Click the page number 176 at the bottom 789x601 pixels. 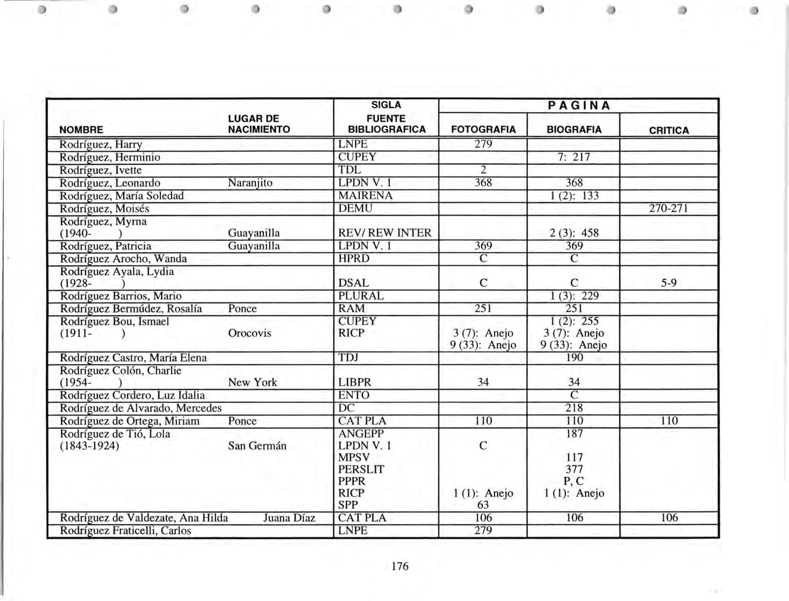[x=400, y=566]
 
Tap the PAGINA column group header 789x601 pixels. [x=578, y=106]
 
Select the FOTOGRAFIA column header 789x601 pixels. [x=483, y=129]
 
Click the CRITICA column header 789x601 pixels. [x=669, y=130]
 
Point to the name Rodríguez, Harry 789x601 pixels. [x=101, y=144]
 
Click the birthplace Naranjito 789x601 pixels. [x=250, y=183]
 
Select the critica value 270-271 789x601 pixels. [x=669, y=208]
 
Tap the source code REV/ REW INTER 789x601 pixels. [x=384, y=233]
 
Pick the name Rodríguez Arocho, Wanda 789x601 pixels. [x=123, y=259]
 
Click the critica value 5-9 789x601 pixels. [x=669, y=283]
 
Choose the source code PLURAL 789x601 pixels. [x=361, y=296]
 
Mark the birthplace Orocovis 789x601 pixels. [x=250, y=333]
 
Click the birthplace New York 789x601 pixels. [x=252, y=382]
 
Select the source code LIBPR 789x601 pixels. [x=354, y=382]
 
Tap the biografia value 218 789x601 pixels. [x=574, y=408]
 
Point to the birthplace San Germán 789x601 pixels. [x=257, y=446]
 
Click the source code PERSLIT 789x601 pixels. [x=361, y=469]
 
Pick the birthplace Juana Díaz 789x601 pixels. [x=289, y=518]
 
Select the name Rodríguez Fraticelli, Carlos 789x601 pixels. [x=125, y=530]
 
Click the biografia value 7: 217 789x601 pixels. [x=574, y=157]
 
